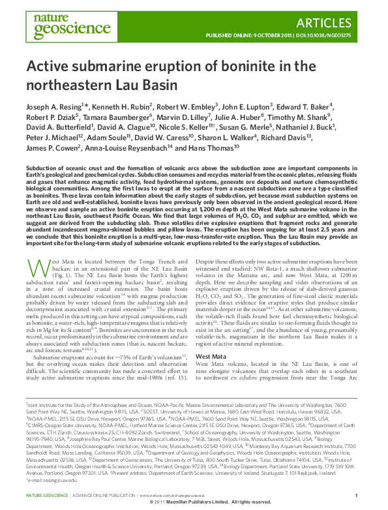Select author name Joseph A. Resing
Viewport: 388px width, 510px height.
tap(53, 106)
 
